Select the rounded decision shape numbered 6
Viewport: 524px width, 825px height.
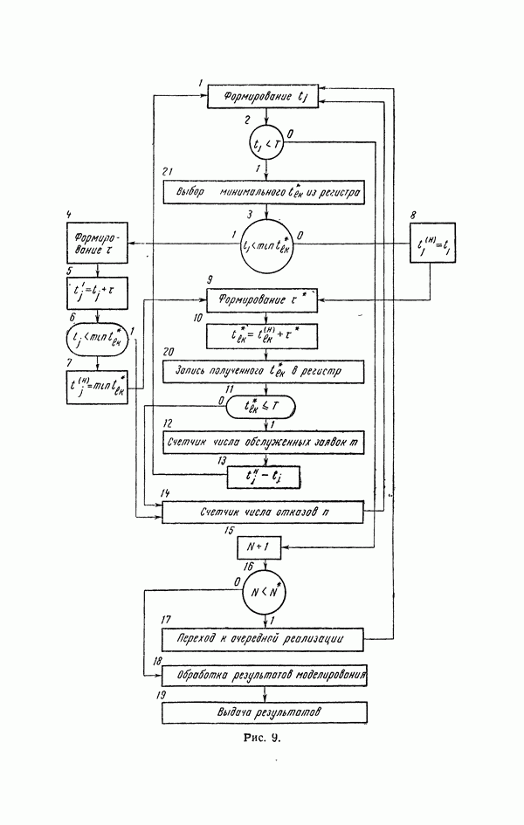(x=98, y=340)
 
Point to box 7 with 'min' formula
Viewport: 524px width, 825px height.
(x=98, y=385)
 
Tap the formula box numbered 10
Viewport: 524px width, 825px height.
(x=261, y=337)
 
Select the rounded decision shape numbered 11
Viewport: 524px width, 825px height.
(x=261, y=407)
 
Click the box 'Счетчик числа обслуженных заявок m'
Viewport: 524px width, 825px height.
(x=261, y=443)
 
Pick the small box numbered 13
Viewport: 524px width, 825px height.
(x=261, y=477)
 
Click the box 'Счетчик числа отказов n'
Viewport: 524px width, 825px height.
(x=261, y=512)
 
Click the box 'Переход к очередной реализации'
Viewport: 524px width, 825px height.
(x=261, y=640)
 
